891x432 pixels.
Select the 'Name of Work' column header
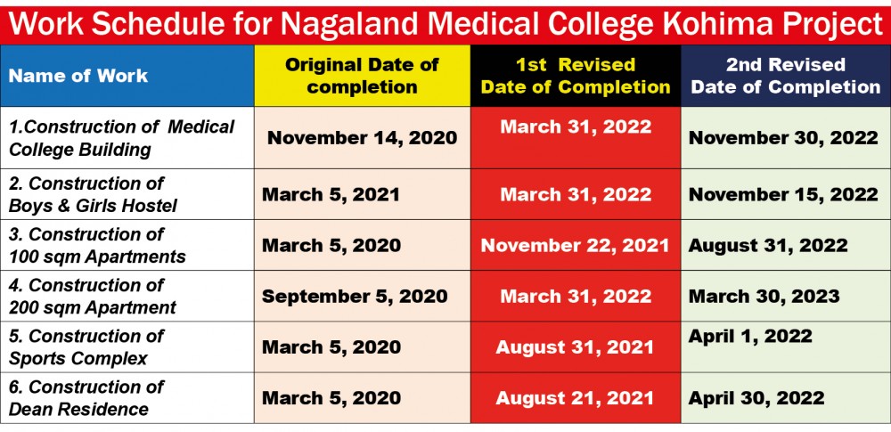pos(78,76)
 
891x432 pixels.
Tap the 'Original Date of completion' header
pos(362,76)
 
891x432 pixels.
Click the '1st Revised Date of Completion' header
pos(576,76)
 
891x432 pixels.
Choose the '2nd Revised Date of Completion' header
pos(785,76)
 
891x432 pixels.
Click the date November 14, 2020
pos(362,138)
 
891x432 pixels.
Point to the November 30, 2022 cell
pos(783,138)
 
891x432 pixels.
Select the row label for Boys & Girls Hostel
pos(93,194)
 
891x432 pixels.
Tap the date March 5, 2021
pos(331,194)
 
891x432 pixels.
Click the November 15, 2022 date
pos(783,194)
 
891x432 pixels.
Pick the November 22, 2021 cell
pos(575,245)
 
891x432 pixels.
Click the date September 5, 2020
pos(355,297)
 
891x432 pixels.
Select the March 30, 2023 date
pos(764,297)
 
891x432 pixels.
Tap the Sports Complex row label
pos(86,347)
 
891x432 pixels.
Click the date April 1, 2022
pos(750,336)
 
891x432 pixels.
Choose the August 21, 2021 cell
pos(575,398)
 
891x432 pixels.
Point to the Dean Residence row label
pos(86,398)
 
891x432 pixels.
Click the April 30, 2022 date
pos(756,398)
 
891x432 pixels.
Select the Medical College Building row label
pos(121,138)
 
